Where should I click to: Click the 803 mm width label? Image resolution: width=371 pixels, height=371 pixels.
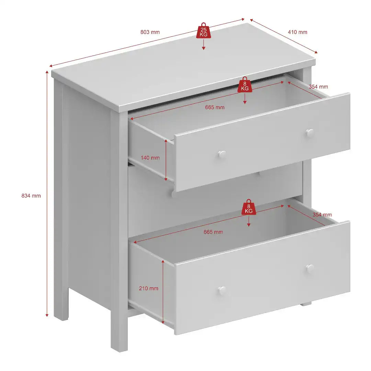[150, 32]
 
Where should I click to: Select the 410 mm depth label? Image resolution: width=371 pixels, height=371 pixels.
[297, 32]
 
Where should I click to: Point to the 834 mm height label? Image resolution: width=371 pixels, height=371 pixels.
[31, 196]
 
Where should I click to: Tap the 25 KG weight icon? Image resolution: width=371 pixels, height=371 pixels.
[204, 31]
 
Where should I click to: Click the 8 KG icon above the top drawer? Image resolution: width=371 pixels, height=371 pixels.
[245, 85]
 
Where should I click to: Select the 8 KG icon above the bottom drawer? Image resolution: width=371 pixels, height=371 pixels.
[249, 207]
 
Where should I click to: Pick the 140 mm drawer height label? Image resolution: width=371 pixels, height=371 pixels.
[150, 158]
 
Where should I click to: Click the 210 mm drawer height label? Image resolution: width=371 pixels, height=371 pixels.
[149, 288]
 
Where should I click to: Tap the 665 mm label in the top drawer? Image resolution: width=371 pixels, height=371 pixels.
[215, 108]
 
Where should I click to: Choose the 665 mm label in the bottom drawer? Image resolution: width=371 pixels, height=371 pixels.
[213, 232]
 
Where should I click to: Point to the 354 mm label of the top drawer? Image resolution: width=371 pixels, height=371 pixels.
[318, 87]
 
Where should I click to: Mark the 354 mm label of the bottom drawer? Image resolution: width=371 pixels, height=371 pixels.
[322, 215]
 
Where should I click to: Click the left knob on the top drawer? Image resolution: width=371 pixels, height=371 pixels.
[222, 154]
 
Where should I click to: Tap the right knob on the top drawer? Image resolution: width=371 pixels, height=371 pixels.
[310, 133]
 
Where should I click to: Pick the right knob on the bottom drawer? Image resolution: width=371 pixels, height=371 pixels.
[310, 268]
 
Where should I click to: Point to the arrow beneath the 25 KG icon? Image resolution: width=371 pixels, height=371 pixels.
[204, 45]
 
